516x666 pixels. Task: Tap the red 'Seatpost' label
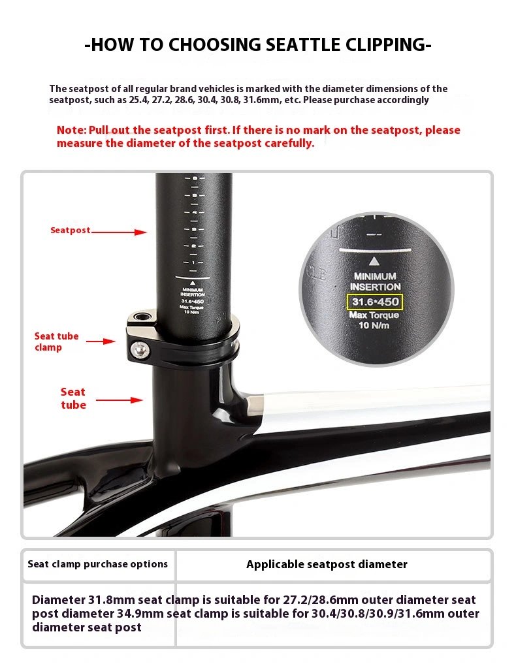(70, 230)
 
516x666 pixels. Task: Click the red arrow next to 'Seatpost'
(119, 232)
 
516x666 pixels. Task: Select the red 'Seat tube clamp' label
(57, 341)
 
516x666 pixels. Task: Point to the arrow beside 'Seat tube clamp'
(101, 341)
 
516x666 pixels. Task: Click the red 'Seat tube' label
(73, 398)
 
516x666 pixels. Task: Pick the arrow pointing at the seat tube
(119, 400)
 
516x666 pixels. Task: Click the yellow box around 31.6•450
(375, 302)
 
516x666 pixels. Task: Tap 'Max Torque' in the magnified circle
(374, 315)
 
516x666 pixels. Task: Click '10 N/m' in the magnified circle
(374, 325)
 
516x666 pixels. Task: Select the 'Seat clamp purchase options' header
(98, 564)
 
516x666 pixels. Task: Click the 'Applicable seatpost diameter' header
(327, 565)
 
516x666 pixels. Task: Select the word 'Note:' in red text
(71, 130)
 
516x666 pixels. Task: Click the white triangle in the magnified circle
(374, 261)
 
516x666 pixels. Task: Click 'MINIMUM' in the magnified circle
(375, 276)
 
